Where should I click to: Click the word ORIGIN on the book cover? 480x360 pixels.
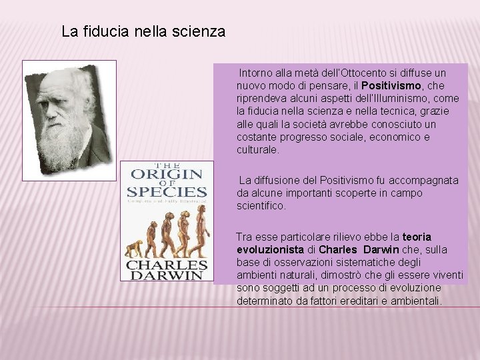[x=166, y=175]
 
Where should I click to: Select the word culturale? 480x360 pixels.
[x=258, y=149]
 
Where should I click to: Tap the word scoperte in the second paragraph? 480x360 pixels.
[x=350, y=193]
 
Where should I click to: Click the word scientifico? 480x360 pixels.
[x=261, y=206]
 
